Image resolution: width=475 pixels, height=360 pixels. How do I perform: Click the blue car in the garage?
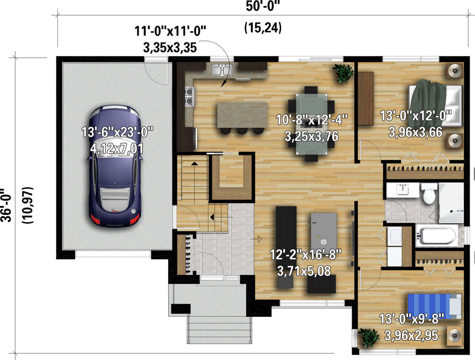click(x=114, y=166)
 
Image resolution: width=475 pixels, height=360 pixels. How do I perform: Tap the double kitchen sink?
click(x=222, y=71)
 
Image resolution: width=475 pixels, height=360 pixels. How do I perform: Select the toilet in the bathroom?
click(x=429, y=194)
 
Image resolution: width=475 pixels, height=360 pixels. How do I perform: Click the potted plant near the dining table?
click(x=343, y=73)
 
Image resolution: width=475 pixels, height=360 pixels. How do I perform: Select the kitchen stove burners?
click(x=190, y=97)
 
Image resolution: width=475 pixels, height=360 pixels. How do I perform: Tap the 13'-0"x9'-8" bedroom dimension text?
click(x=412, y=316)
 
